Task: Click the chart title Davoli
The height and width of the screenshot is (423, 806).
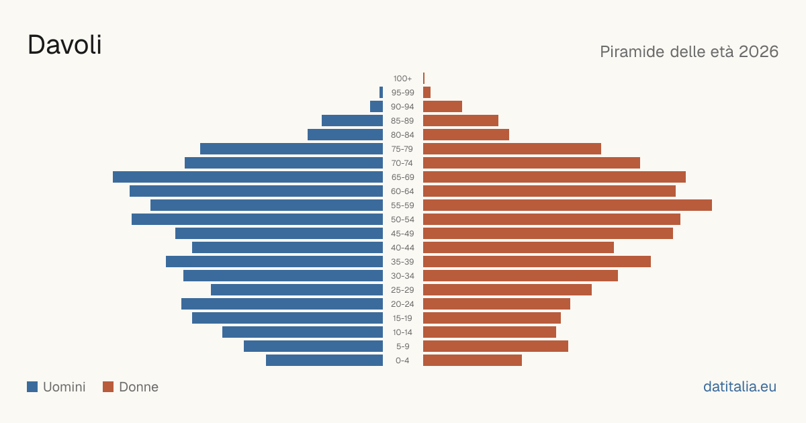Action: [x=64, y=45]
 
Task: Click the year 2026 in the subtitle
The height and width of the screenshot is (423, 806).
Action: [x=758, y=52]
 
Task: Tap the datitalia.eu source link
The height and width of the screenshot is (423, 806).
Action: [x=740, y=387]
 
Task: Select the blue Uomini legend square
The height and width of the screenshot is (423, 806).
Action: [x=32, y=387]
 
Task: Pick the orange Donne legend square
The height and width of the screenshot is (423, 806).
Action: [x=108, y=387]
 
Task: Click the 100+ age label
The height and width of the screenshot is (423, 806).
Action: [x=402, y=79]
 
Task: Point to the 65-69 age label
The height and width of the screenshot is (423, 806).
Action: [x=402, y=177]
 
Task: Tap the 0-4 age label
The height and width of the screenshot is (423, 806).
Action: [x=402, y=361]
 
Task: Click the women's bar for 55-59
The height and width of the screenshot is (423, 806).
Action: [x=568, y=205]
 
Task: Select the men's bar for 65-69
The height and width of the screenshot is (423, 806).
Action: [x=248, y=177]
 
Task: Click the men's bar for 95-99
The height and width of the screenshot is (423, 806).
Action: [x=381, y=93]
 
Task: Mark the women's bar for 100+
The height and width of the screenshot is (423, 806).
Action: [x=424, y=79]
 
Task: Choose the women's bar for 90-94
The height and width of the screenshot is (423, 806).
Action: [x=443, y=107]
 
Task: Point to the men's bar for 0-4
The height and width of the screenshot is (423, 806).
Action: [x=324, y=361]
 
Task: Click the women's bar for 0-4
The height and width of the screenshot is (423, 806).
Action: [x=472, y=361]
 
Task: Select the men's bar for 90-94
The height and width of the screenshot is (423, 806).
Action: [x=376, y=107]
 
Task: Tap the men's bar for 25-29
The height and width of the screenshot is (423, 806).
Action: [x=297, y=290]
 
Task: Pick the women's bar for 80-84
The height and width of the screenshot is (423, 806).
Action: [x=466, y=134]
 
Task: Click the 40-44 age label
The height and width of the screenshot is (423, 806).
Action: [x=402, y=248]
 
